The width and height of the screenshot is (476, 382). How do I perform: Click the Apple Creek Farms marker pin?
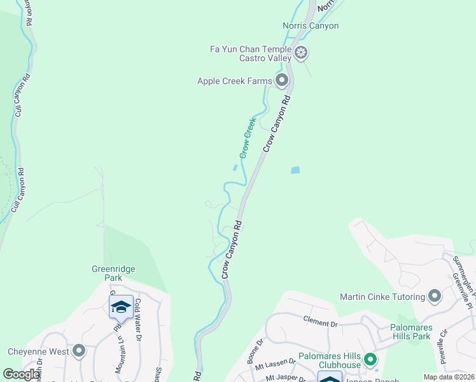pyautogui.click(x=282, y=80)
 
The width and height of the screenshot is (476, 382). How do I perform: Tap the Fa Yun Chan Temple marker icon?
pyautogui.click(x=300, y=52)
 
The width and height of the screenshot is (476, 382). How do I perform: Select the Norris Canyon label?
pyautogui.click(x=311, y=25)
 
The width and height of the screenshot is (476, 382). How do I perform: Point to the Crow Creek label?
pyautogui.click(x=248, y=138)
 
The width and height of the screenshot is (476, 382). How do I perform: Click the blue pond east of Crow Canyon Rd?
pyautogui.click(x=295, y=170)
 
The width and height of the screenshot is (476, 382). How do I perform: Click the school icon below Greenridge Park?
pyautogui.click(x=121, y=307)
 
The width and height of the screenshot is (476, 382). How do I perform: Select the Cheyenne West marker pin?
pyautogui.click(x=79, y=351)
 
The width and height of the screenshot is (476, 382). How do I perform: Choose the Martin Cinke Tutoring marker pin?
pyautogui.click(x=435, y=296)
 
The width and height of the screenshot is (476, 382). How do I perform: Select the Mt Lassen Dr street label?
pyautogui.click(x=274, y=365)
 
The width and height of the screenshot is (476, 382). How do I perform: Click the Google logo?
pyautogui.click(x=21, y=374)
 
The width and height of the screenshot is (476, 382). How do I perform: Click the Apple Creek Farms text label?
pyautogui.click(x=234, y=80)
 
